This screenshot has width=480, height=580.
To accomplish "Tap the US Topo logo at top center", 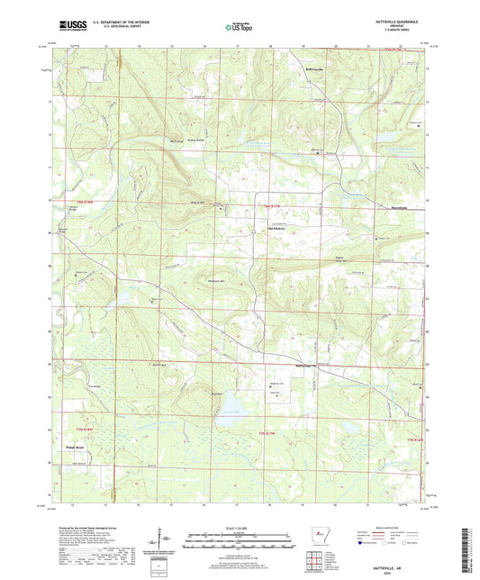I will (237, 27).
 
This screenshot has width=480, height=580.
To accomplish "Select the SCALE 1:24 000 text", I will (240, 530).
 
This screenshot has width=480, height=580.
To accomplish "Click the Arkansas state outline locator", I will (316, 539).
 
